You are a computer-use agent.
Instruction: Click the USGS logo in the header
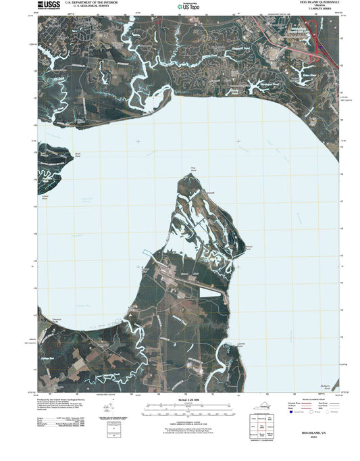(x=48, y=6)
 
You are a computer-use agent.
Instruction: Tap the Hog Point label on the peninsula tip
(x=193, y=169)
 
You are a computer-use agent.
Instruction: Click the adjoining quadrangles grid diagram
(x=259, y=430)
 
